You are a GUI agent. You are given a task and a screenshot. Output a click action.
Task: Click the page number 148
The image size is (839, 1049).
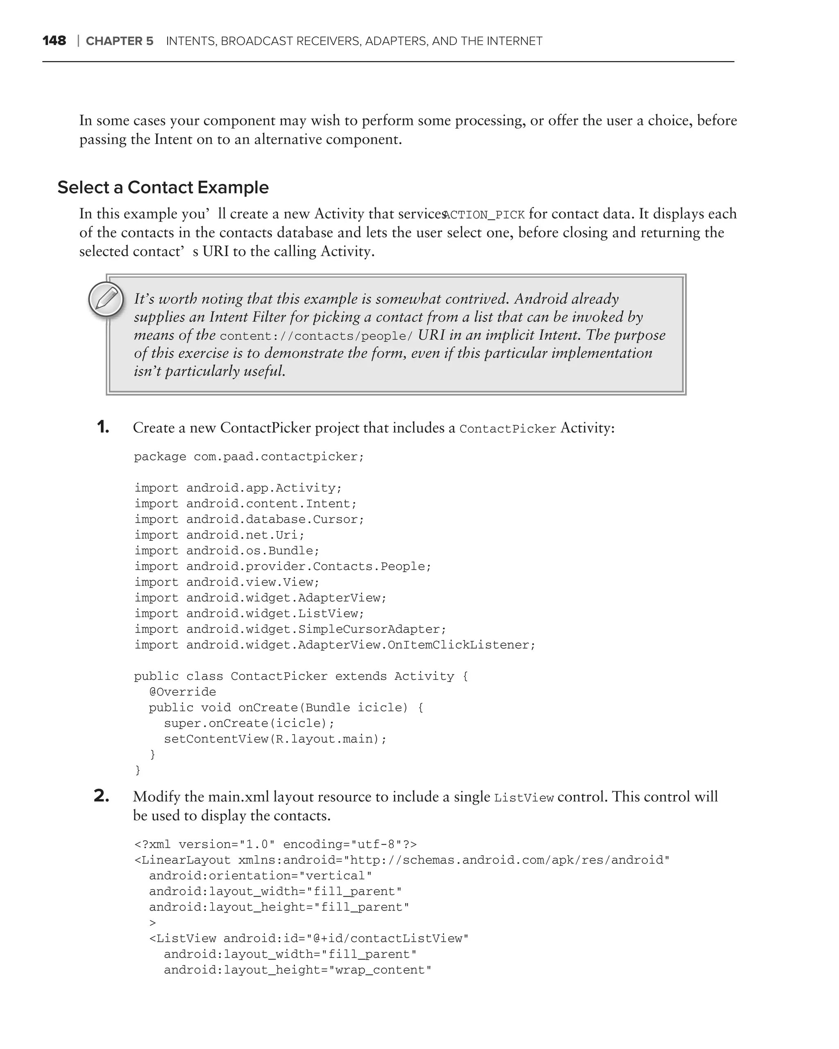[54, 41]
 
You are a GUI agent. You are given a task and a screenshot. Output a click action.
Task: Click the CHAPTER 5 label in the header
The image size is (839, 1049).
[119, 41]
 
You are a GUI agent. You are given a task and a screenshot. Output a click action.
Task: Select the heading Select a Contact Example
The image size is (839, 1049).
[163, 187]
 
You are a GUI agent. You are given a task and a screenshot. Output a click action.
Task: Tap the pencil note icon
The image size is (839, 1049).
[107, 299]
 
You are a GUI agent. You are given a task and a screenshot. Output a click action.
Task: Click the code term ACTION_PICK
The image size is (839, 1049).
[484, 215]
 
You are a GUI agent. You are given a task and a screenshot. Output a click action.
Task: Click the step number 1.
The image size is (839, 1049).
[103, 427]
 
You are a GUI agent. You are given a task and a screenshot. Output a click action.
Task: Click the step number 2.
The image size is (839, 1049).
[101, 797]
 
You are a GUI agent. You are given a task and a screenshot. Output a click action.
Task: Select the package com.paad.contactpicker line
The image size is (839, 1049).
[249, 457]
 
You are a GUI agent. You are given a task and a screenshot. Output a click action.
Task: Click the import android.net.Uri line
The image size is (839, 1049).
[219, 535]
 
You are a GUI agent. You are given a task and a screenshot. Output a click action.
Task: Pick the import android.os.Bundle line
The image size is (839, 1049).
[227, 551]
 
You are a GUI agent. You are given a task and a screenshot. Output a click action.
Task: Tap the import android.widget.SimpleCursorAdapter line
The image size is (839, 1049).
[290, 629]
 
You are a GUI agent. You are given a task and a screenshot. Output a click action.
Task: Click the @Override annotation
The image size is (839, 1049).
[182, 692]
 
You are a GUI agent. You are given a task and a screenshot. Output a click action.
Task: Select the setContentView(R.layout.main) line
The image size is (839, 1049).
[275, 739]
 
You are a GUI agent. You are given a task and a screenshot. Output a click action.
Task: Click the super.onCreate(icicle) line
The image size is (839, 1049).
[249, 724]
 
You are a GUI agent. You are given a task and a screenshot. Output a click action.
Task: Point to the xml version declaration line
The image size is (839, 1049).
[275, 845]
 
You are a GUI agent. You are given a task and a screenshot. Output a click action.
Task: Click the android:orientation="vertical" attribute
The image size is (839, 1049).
[260, 876]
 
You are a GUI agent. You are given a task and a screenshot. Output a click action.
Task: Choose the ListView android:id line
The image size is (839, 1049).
[308, 938]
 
